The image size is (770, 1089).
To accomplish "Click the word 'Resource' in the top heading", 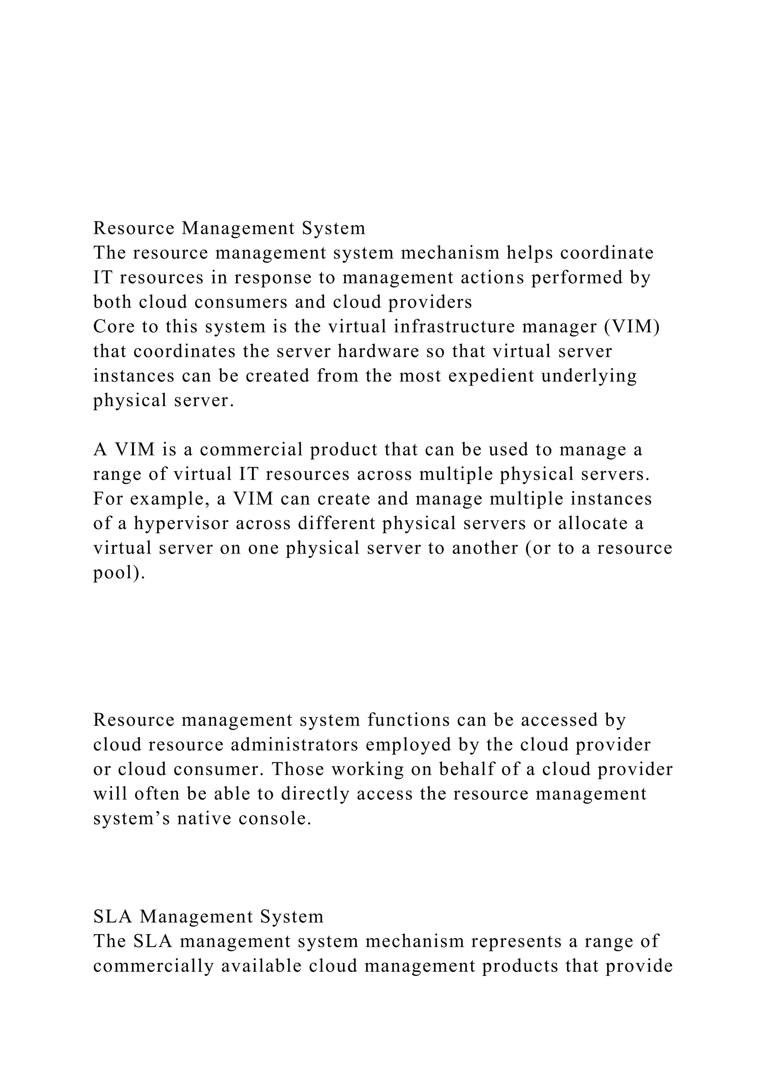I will click(134, 228).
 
